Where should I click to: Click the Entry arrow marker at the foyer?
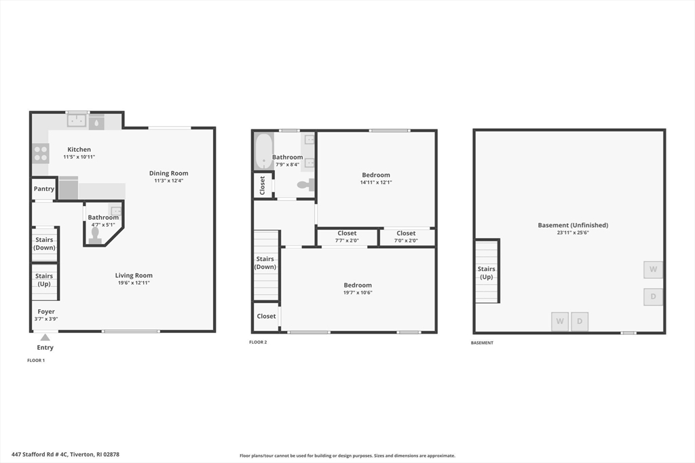[x=45, y=338]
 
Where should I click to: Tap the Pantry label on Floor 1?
[x=43, y=189]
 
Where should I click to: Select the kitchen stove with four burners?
[x=41, y=153]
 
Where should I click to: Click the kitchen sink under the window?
[x=77, y=121]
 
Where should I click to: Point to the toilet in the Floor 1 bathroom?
[x=95, y=235]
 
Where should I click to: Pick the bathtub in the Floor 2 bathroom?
[x=263, y=151]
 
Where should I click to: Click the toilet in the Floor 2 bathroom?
[x=305, y=184]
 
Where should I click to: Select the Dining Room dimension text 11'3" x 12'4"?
[x=168, y=181]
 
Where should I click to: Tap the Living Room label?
[x=134, y=275]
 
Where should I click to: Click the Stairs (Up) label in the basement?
[x=487, y=273]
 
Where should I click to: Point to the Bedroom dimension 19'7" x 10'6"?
[x=358, y=293]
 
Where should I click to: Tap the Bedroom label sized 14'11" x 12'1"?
[x=376, y=175]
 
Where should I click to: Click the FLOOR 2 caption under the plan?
[x=258, y=342]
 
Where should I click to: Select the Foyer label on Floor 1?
[x=46, y=312]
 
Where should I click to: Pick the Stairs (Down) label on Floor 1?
[x=44, y=243]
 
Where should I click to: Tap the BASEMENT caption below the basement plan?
[x=482, y=343]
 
